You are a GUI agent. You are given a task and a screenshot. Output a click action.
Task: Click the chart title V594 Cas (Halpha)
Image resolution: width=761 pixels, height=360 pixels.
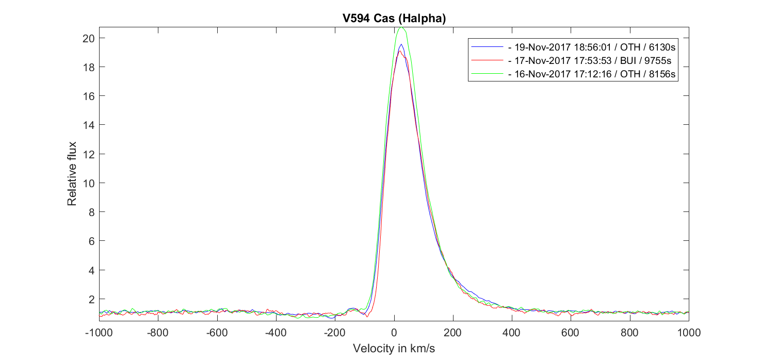pos(394,19)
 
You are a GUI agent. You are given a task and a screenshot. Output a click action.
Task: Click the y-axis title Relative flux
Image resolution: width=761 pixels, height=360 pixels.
pos(72,173)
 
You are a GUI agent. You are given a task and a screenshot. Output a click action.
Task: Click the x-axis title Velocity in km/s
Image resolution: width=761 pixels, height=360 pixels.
pos(394,349)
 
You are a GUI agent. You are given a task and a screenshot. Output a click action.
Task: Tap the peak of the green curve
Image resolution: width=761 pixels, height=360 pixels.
pos(401,27)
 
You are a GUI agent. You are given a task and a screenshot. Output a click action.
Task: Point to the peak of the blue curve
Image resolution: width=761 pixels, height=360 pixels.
pos(401,44)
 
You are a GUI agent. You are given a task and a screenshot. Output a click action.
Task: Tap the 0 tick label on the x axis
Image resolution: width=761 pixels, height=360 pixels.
pos(394,333)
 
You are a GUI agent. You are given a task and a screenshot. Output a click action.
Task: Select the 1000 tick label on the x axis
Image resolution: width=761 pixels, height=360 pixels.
pos(689,333)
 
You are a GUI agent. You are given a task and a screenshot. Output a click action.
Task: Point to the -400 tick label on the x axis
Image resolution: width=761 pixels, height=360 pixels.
pos(276,333)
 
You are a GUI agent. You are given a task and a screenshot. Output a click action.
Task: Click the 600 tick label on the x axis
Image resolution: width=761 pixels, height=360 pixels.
pos(571,333)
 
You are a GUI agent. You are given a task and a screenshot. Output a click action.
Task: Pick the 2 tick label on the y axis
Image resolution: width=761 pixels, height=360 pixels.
pos(90,299)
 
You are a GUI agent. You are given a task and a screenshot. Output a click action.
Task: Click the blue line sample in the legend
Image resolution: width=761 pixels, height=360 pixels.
pos(487,46)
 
